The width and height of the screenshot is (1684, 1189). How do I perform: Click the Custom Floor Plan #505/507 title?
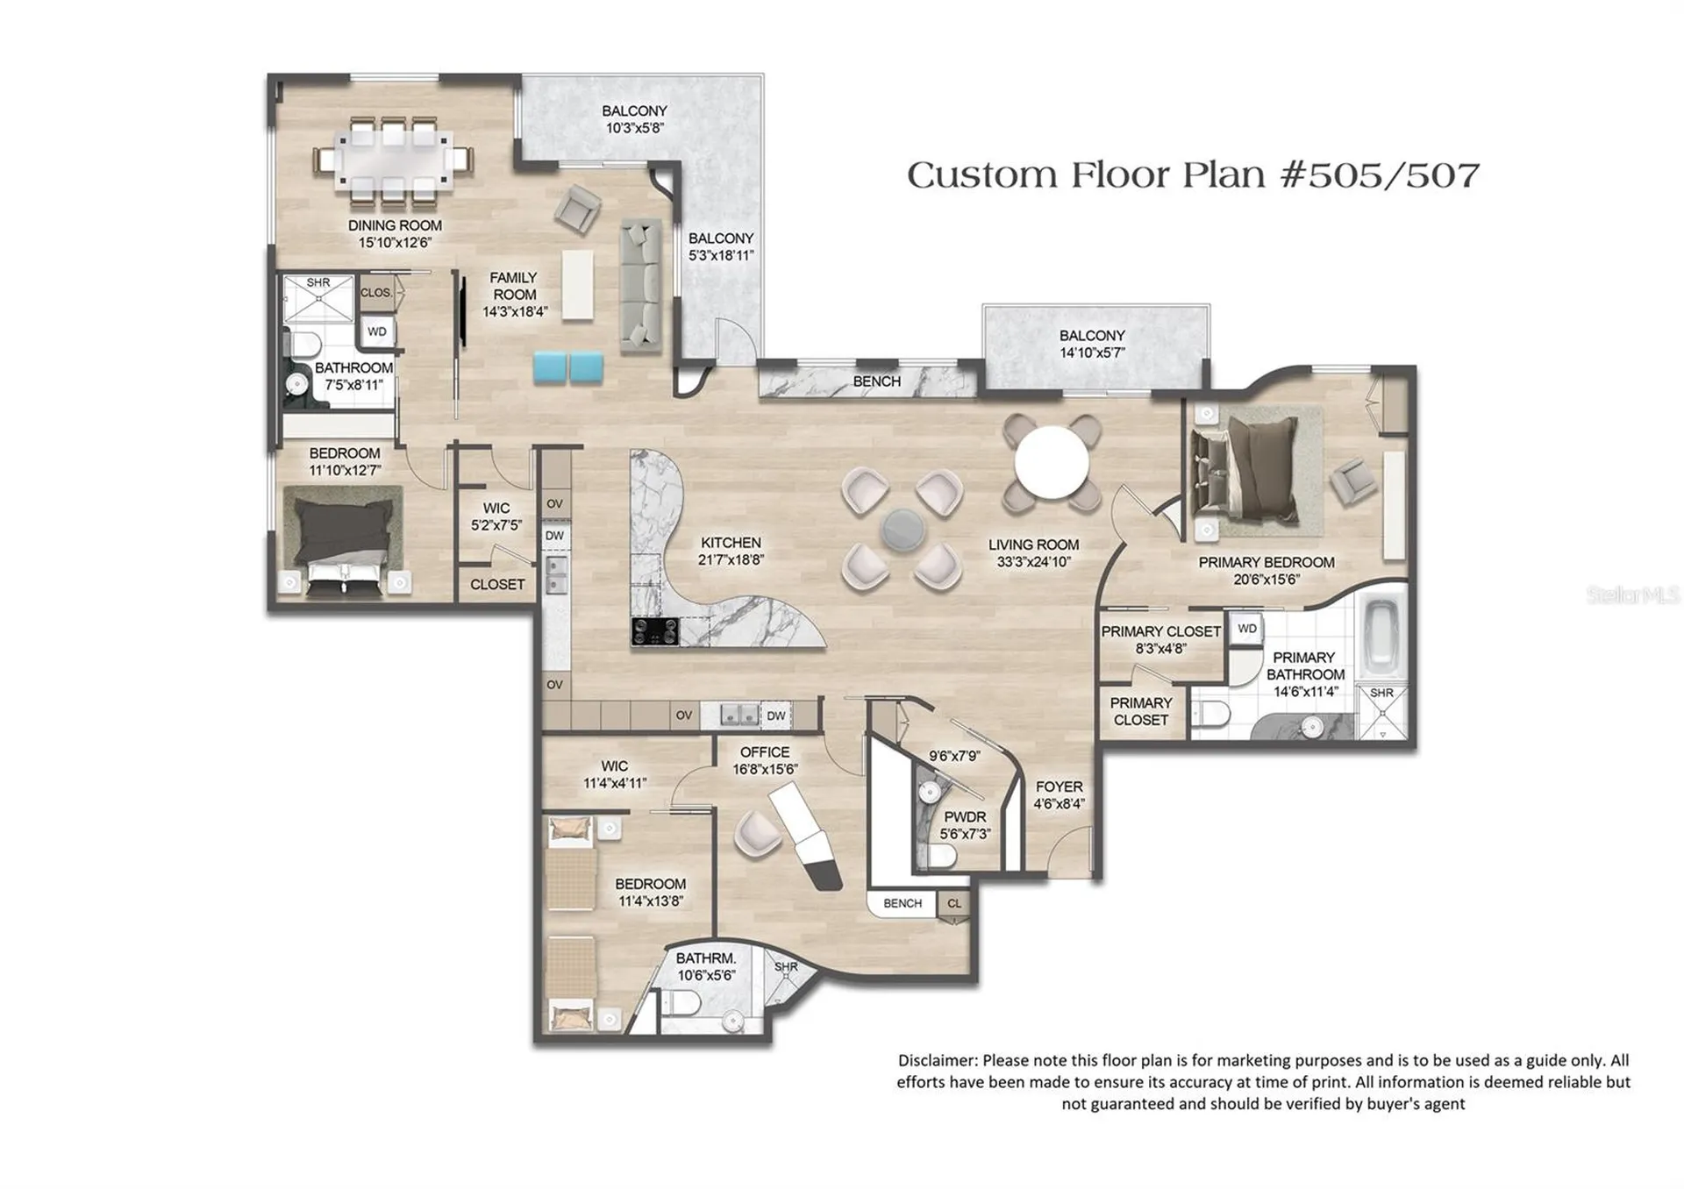click(1193, 175)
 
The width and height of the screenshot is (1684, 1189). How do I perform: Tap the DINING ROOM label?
click(395, 225)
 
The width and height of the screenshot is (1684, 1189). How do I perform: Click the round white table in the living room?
click(1052, 461)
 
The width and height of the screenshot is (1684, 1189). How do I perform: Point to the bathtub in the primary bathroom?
click(1384, 631)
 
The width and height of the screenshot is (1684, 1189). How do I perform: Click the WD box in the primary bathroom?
click(1247, 629)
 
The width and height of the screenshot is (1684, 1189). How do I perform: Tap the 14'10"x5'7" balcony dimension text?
click(1092, 353)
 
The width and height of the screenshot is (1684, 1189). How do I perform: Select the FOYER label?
click(1059, 787)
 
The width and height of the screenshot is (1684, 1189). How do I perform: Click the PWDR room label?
click(965, 817)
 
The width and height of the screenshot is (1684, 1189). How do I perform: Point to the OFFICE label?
click(765, 752)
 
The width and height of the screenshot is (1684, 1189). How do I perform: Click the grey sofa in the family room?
click(641, 286)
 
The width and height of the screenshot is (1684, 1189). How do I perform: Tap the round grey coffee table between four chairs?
click(903, 529)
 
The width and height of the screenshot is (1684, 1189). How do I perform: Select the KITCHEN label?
click(731, 543)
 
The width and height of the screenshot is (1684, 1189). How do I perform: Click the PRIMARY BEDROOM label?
click(1267, 562)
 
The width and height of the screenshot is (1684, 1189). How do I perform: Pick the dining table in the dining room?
click(394, 160)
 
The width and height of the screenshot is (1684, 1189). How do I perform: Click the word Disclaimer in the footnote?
click(936, 1061)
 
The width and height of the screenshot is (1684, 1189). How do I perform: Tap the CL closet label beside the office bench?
click(954, 903)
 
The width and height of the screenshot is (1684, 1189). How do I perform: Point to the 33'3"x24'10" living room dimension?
click(1034, 562)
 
